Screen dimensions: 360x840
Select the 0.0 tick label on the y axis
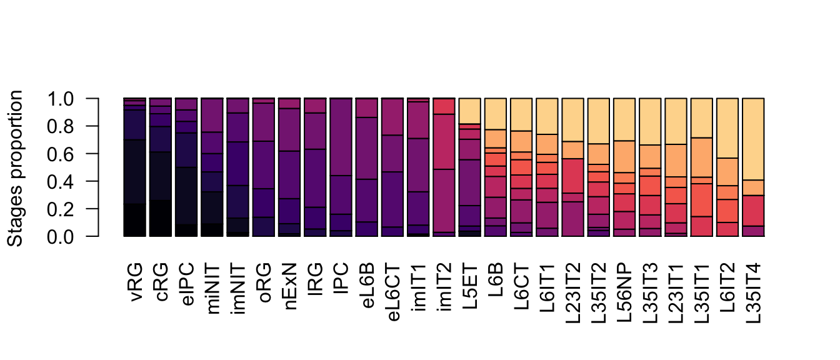[61, 236]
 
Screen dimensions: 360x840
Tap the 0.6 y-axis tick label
[61, 154]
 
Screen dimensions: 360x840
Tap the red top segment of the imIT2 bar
[444, 106]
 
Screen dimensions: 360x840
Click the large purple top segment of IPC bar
[341, 137]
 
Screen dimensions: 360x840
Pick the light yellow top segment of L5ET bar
[470, 111]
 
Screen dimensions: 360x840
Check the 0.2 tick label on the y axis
[61, 209]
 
